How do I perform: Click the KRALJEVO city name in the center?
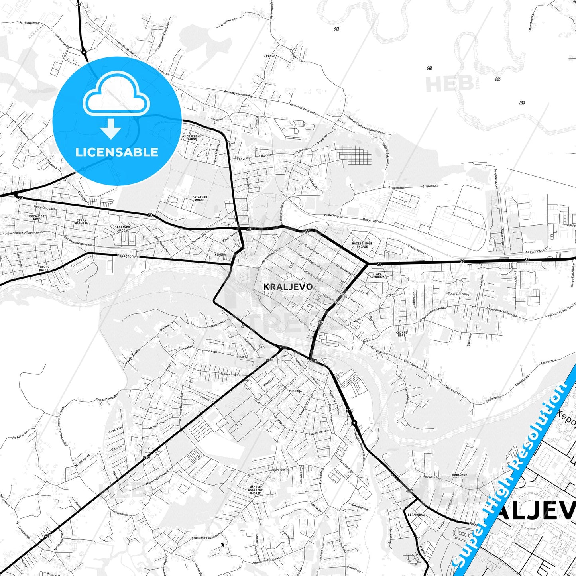(288, 287)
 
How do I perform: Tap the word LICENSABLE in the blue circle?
(117, 152)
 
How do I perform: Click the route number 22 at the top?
(79, 4)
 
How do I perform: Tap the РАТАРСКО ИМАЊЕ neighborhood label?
(200, 198)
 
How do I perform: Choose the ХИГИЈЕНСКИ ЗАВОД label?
(192, 138)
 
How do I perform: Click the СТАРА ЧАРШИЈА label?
(81, 222)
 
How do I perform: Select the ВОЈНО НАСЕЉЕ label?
(45, 268)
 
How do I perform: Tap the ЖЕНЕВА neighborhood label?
(220, 254)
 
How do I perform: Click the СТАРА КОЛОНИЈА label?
(377, 275)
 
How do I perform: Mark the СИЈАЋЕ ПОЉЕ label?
(401, 334)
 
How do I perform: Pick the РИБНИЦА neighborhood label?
(295, 391)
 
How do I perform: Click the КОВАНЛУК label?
(460, 475)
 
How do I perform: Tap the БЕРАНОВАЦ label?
(416, 515)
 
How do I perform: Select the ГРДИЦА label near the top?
(270, 55)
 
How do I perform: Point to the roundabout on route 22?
(84, 52)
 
